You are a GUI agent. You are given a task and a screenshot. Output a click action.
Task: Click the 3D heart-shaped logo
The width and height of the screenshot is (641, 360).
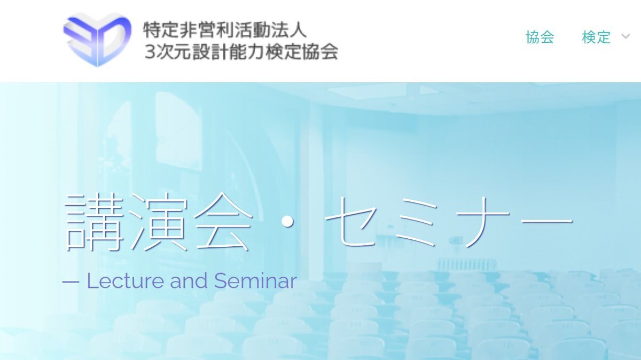point(97,40)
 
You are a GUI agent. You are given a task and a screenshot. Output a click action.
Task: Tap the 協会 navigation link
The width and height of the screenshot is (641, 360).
point(540,37)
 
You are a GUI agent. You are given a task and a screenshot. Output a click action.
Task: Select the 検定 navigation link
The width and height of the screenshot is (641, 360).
point(596,37)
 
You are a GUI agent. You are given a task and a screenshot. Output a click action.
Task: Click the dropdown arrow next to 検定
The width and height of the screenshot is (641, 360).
point(626,37)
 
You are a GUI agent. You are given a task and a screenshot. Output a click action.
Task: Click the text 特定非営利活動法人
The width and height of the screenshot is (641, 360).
point(225,29)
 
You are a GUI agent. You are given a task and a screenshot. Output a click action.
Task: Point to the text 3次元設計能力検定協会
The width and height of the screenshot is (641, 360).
point(241,52)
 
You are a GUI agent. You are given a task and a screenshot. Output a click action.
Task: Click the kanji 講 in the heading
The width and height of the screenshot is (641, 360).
point(94,222)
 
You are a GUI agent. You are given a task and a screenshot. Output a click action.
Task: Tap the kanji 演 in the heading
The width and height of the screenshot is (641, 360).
point(158,222)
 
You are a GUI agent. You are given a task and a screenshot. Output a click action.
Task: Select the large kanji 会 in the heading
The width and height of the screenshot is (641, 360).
point(222,222)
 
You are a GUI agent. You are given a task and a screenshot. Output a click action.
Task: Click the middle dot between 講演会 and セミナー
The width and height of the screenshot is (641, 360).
point(287,221)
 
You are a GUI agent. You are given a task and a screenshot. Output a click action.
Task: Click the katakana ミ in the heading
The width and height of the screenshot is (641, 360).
point(416,222)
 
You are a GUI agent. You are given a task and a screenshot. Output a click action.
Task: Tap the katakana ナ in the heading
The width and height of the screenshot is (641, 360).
point(482,222)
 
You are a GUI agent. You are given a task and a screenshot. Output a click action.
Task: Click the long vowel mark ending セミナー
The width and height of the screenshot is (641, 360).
point(546,221)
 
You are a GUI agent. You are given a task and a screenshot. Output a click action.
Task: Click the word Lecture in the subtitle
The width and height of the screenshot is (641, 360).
point(125,281)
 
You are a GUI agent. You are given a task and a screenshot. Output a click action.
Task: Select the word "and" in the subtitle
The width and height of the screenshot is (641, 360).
point(189,281)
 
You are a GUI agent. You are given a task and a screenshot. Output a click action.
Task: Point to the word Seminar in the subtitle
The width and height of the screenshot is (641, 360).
point(255,281)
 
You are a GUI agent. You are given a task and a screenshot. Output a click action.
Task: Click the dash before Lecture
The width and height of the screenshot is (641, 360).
point(71,282)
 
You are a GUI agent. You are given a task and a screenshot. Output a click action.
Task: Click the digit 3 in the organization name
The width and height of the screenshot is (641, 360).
point(150,52)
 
